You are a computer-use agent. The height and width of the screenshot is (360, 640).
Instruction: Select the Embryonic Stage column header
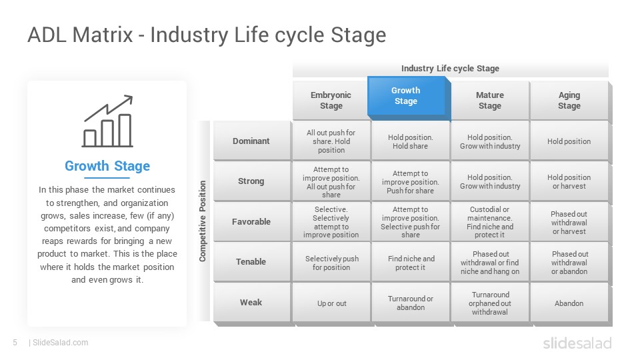click(331, 100)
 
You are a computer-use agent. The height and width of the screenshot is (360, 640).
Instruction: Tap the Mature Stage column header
click(490, 100)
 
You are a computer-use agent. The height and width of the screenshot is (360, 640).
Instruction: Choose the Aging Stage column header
click(569, 100)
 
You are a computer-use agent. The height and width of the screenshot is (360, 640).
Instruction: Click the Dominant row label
click(251, 141)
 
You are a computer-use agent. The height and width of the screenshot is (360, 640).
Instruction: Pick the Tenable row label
click(251, 261)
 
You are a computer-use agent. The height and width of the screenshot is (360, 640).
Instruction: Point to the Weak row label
click(251, 303)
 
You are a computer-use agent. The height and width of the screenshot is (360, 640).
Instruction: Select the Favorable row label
click(251, 221)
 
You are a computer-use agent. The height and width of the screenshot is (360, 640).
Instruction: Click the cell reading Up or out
click(331, 303)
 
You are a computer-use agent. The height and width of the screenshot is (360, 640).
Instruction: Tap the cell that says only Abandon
click(569, 303)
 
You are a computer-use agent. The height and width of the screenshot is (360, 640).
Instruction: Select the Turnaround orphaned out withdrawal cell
click(490, 303)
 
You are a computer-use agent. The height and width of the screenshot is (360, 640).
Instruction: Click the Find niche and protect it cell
click(411, 263)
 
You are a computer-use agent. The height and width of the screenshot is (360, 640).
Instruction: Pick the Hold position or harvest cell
click(569, 181)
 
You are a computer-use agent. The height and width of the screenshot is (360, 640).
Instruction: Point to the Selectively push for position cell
click(331, 263)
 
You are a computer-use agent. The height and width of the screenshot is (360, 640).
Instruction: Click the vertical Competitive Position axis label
click(203, 221)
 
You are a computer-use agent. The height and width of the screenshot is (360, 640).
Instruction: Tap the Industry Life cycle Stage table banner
click(450, 68)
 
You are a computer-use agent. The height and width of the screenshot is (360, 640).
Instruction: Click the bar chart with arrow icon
click(108, 121)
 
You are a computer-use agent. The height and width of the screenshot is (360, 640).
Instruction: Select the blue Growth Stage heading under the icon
click(107, 166)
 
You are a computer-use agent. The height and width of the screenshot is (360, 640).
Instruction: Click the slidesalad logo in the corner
click(577, 343)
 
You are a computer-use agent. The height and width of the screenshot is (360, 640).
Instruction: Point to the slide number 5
click(15, 343)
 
